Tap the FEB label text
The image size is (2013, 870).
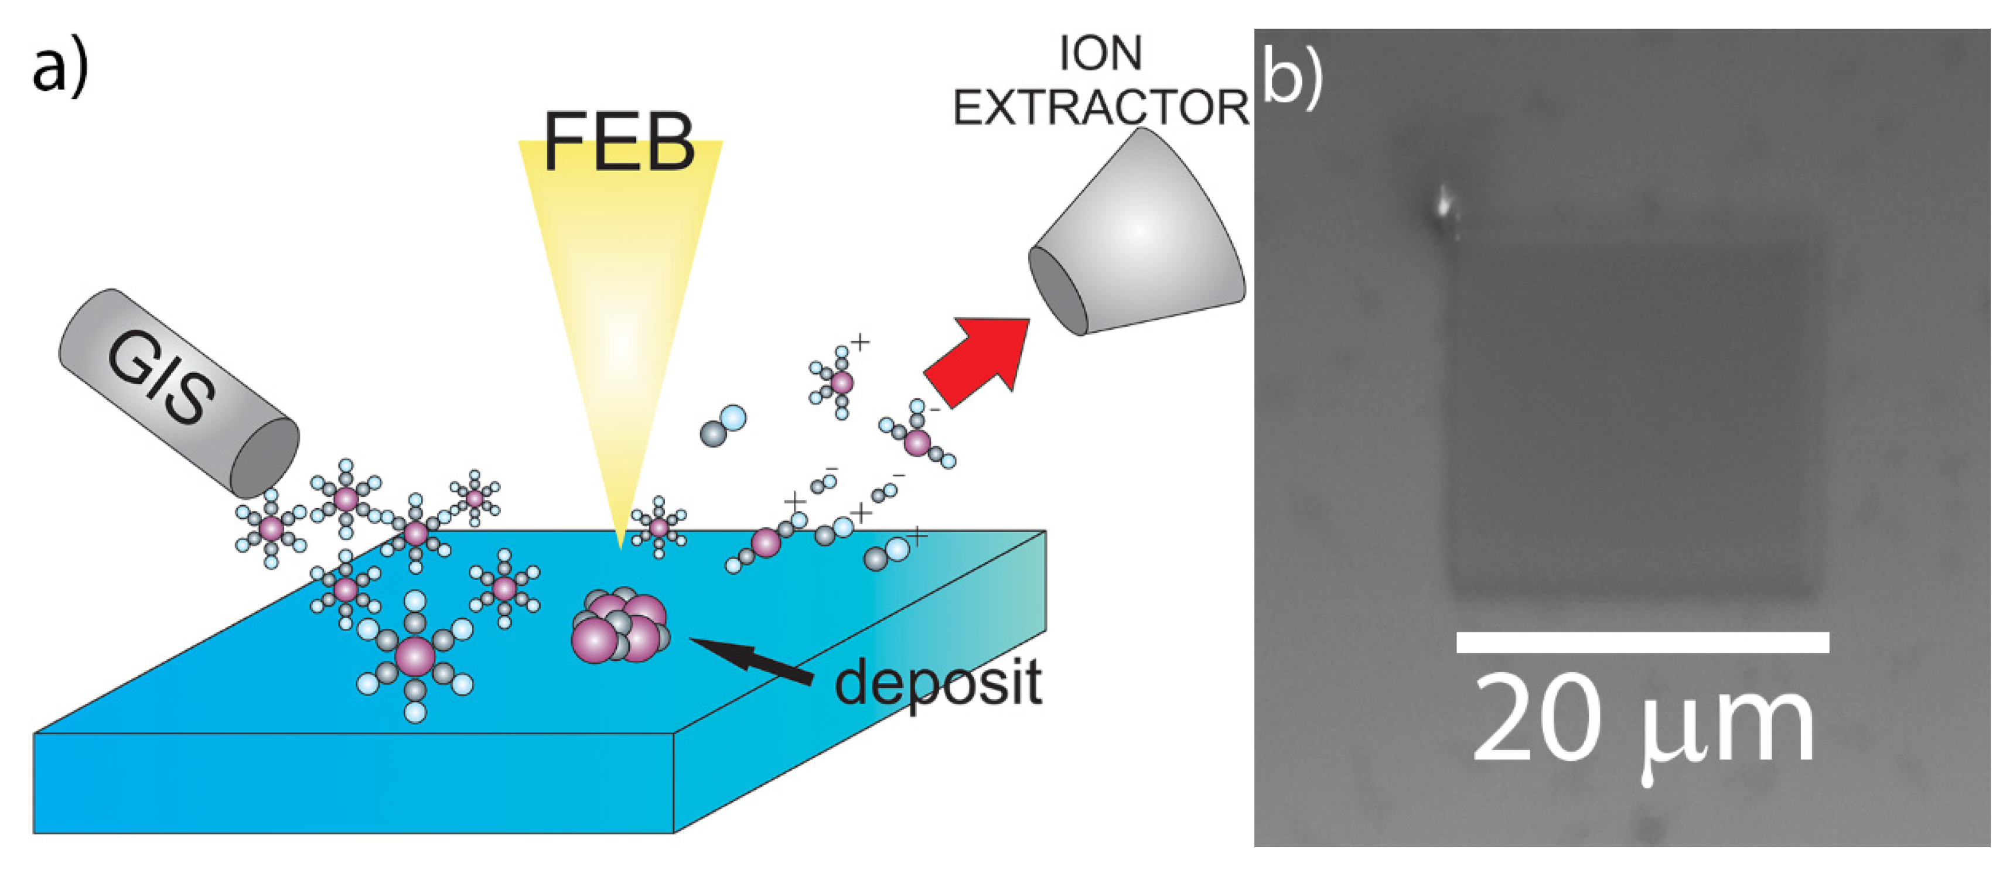(619, 142)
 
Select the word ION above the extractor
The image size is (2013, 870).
(1100, 54)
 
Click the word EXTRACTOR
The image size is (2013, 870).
(1100, 107)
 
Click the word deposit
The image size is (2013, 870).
(938, 683)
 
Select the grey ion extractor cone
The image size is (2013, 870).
(1141, 234)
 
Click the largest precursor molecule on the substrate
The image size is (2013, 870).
(415, 656)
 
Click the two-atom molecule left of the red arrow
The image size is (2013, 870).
(723, 426)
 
